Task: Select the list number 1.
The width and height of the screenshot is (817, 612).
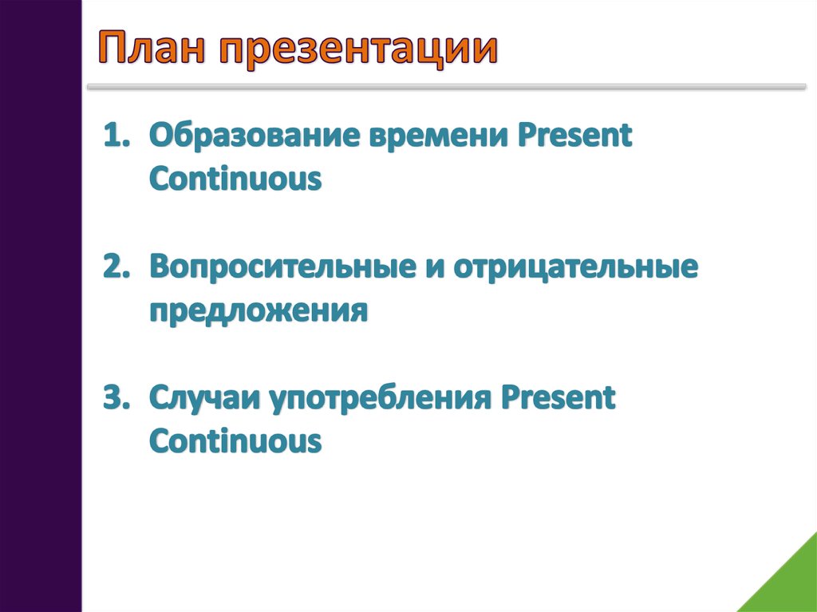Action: (116, 136)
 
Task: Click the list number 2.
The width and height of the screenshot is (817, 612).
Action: (116, 267)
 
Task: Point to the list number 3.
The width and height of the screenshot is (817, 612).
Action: (116, 397)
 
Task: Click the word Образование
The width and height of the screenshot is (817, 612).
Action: (255, 136)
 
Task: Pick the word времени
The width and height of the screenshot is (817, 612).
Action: (439, 136)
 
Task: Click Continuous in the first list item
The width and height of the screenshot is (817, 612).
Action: (235, 179)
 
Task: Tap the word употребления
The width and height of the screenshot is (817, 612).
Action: (381, 400)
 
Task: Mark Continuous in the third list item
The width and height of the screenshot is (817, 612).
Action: (235, 441)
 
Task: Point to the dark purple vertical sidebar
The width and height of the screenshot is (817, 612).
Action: (41, 306)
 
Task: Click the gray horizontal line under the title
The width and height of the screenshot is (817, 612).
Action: (447, 87)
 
